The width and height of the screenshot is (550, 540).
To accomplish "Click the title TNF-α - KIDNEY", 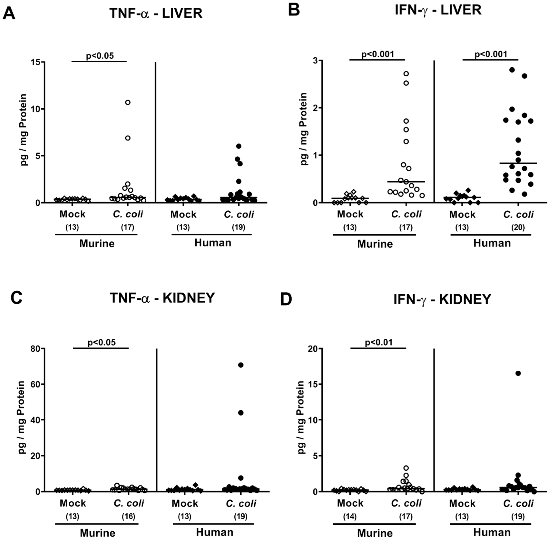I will click(x=162, y=298).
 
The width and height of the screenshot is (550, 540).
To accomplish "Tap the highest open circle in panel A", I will click(x=128, y=102).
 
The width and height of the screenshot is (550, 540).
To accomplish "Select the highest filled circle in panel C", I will click(x=241, y=365).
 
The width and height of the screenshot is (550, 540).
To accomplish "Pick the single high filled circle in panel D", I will click(x=518, y=373).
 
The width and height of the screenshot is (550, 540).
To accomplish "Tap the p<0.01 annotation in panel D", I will click(x=379, y=342).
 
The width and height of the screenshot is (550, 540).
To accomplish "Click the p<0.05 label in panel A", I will click(x=100, y=56).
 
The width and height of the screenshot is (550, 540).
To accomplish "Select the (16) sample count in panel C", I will click(x=128, y=516).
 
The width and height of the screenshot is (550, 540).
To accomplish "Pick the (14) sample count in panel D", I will click(x=350, y=516).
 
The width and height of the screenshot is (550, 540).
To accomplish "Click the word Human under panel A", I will click(x=213, y=243).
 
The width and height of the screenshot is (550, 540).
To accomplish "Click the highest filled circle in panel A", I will click(x=239, y=146).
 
